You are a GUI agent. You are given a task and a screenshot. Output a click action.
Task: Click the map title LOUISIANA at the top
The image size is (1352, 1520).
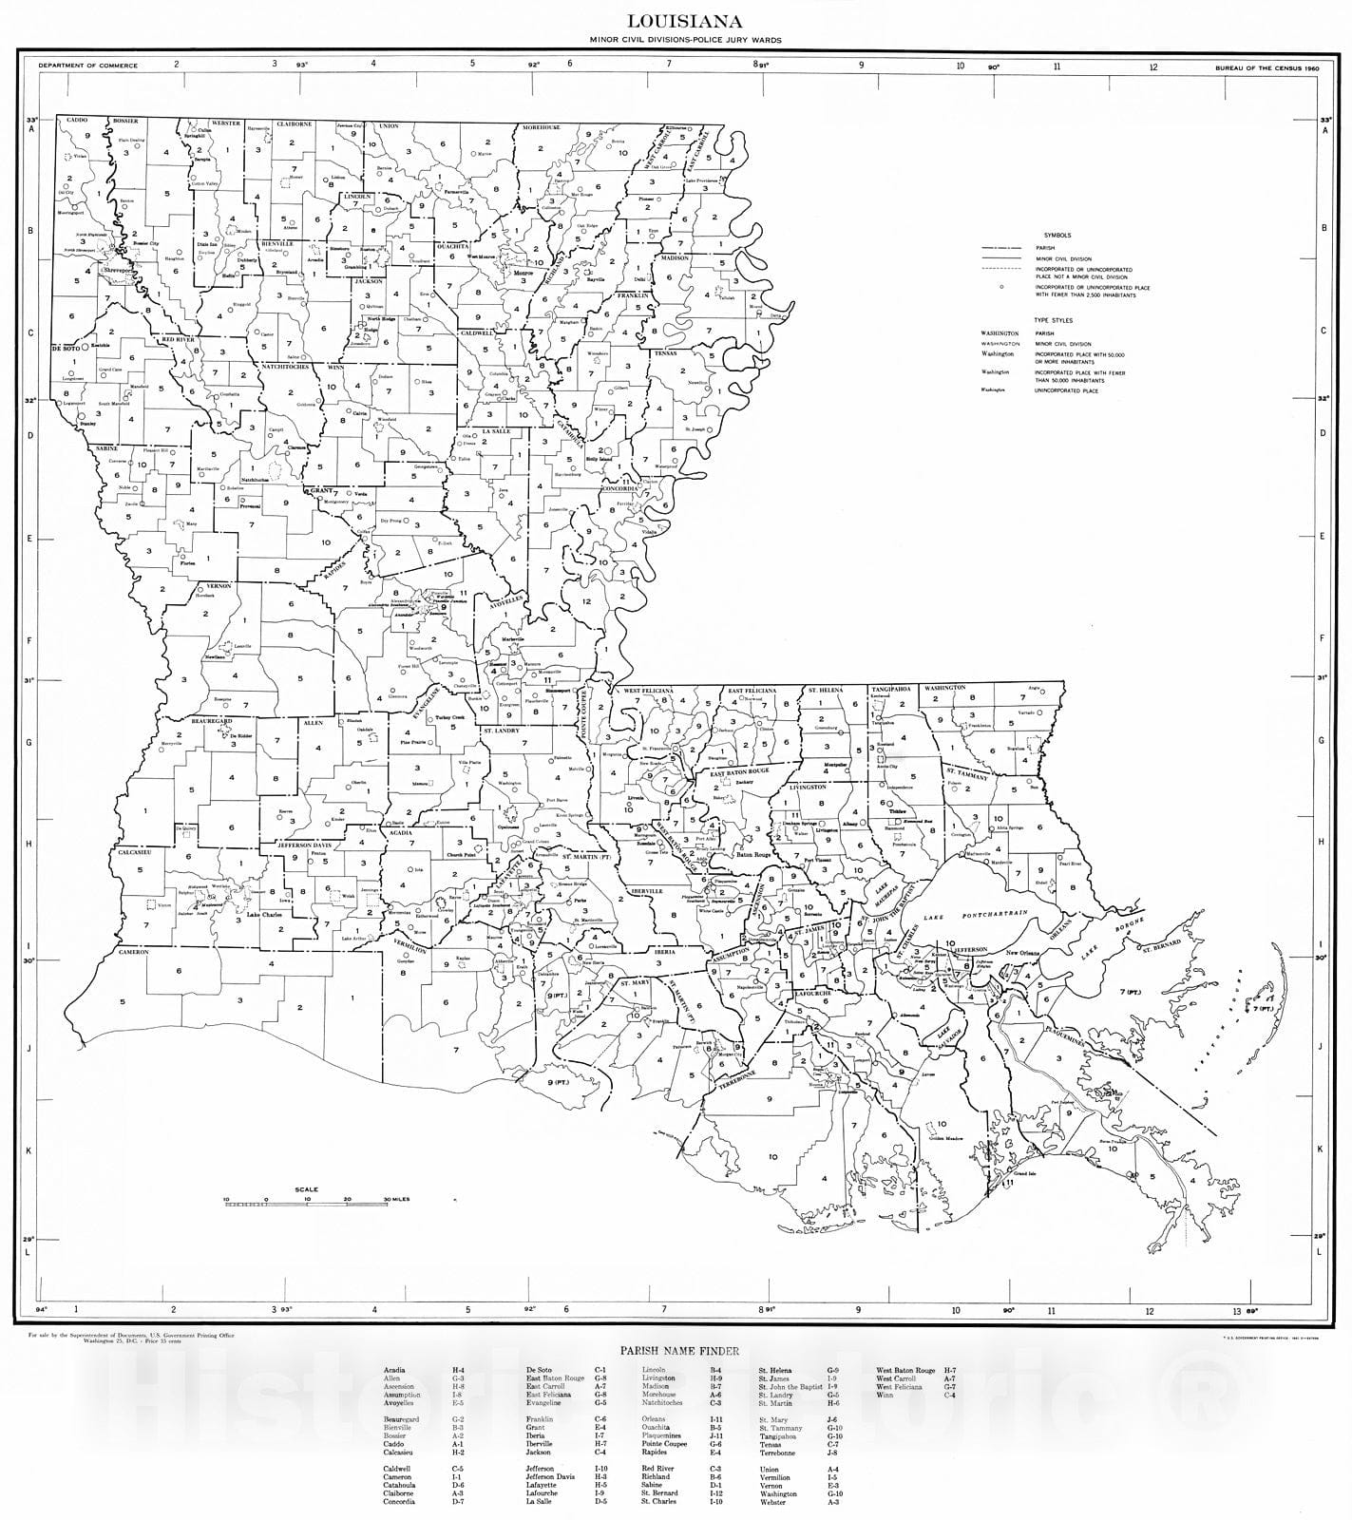(677, 20)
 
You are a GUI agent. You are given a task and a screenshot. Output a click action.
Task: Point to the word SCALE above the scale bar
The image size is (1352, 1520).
(307, 1189)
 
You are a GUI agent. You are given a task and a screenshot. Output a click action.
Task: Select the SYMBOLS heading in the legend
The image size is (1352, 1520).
(1057, 235)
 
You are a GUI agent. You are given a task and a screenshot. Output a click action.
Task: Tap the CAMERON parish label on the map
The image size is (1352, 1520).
(134, 952)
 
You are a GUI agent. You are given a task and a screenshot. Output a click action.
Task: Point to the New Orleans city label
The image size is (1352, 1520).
(1027, 952)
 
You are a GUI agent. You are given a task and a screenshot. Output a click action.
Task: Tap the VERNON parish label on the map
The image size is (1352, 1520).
(219, 586)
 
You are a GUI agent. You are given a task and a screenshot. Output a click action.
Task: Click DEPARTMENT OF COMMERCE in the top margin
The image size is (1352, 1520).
(88, 66)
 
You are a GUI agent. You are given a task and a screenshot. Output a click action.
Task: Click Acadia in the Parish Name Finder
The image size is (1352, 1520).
(394, 1371)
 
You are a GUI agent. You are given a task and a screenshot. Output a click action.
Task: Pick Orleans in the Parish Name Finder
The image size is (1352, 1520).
(655, 1419)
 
